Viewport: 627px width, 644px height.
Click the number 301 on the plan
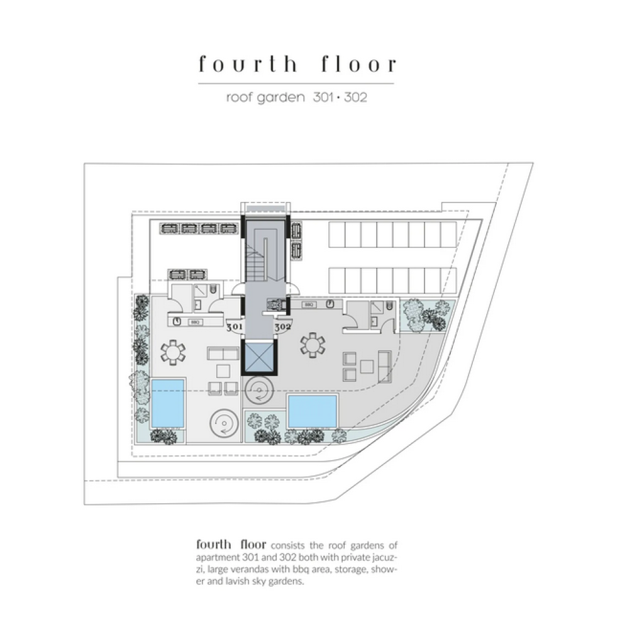235,327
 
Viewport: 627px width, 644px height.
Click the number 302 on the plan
283,327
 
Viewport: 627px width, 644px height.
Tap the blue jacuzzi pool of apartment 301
167,403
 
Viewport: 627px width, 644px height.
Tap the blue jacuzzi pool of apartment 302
313,411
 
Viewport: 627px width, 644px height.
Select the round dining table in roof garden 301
173,352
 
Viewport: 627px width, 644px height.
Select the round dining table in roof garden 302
313,345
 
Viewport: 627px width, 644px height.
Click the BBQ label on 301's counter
195,323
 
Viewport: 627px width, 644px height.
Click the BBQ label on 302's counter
309,305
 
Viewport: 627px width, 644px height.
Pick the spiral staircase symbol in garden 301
224,423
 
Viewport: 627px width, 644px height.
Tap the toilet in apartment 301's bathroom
213,289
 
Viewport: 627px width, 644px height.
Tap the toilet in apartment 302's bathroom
389,306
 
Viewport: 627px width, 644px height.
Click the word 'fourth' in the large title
247,64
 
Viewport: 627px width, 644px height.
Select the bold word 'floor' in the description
253,545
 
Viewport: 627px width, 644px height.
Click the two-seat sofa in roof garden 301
223,353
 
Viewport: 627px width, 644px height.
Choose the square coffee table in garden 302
367,367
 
